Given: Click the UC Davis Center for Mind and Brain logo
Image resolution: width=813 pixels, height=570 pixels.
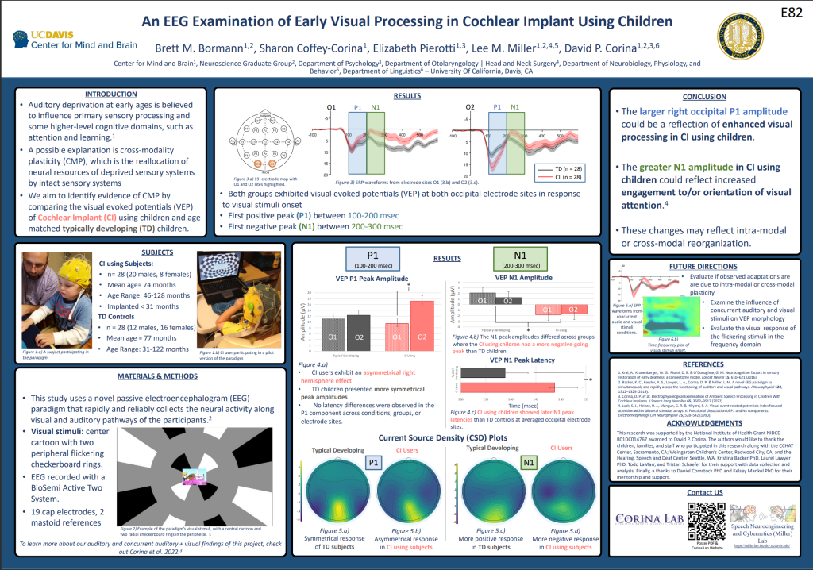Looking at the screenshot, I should click(75, 40).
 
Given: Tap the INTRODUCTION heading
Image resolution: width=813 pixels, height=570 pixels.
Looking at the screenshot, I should click(110, 94).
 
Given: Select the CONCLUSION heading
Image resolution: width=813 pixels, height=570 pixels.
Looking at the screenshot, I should click(703, 97).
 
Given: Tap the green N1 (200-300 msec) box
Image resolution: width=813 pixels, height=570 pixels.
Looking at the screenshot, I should click(520, 259).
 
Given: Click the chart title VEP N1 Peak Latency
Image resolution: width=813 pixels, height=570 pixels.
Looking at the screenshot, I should click(522, 360).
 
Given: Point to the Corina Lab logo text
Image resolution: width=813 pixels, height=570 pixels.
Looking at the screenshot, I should click(646, 518).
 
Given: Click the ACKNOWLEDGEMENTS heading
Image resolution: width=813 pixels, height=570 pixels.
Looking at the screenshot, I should click(703, 423).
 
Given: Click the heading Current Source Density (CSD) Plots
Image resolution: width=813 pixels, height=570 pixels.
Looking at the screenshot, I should click(444, 437).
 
